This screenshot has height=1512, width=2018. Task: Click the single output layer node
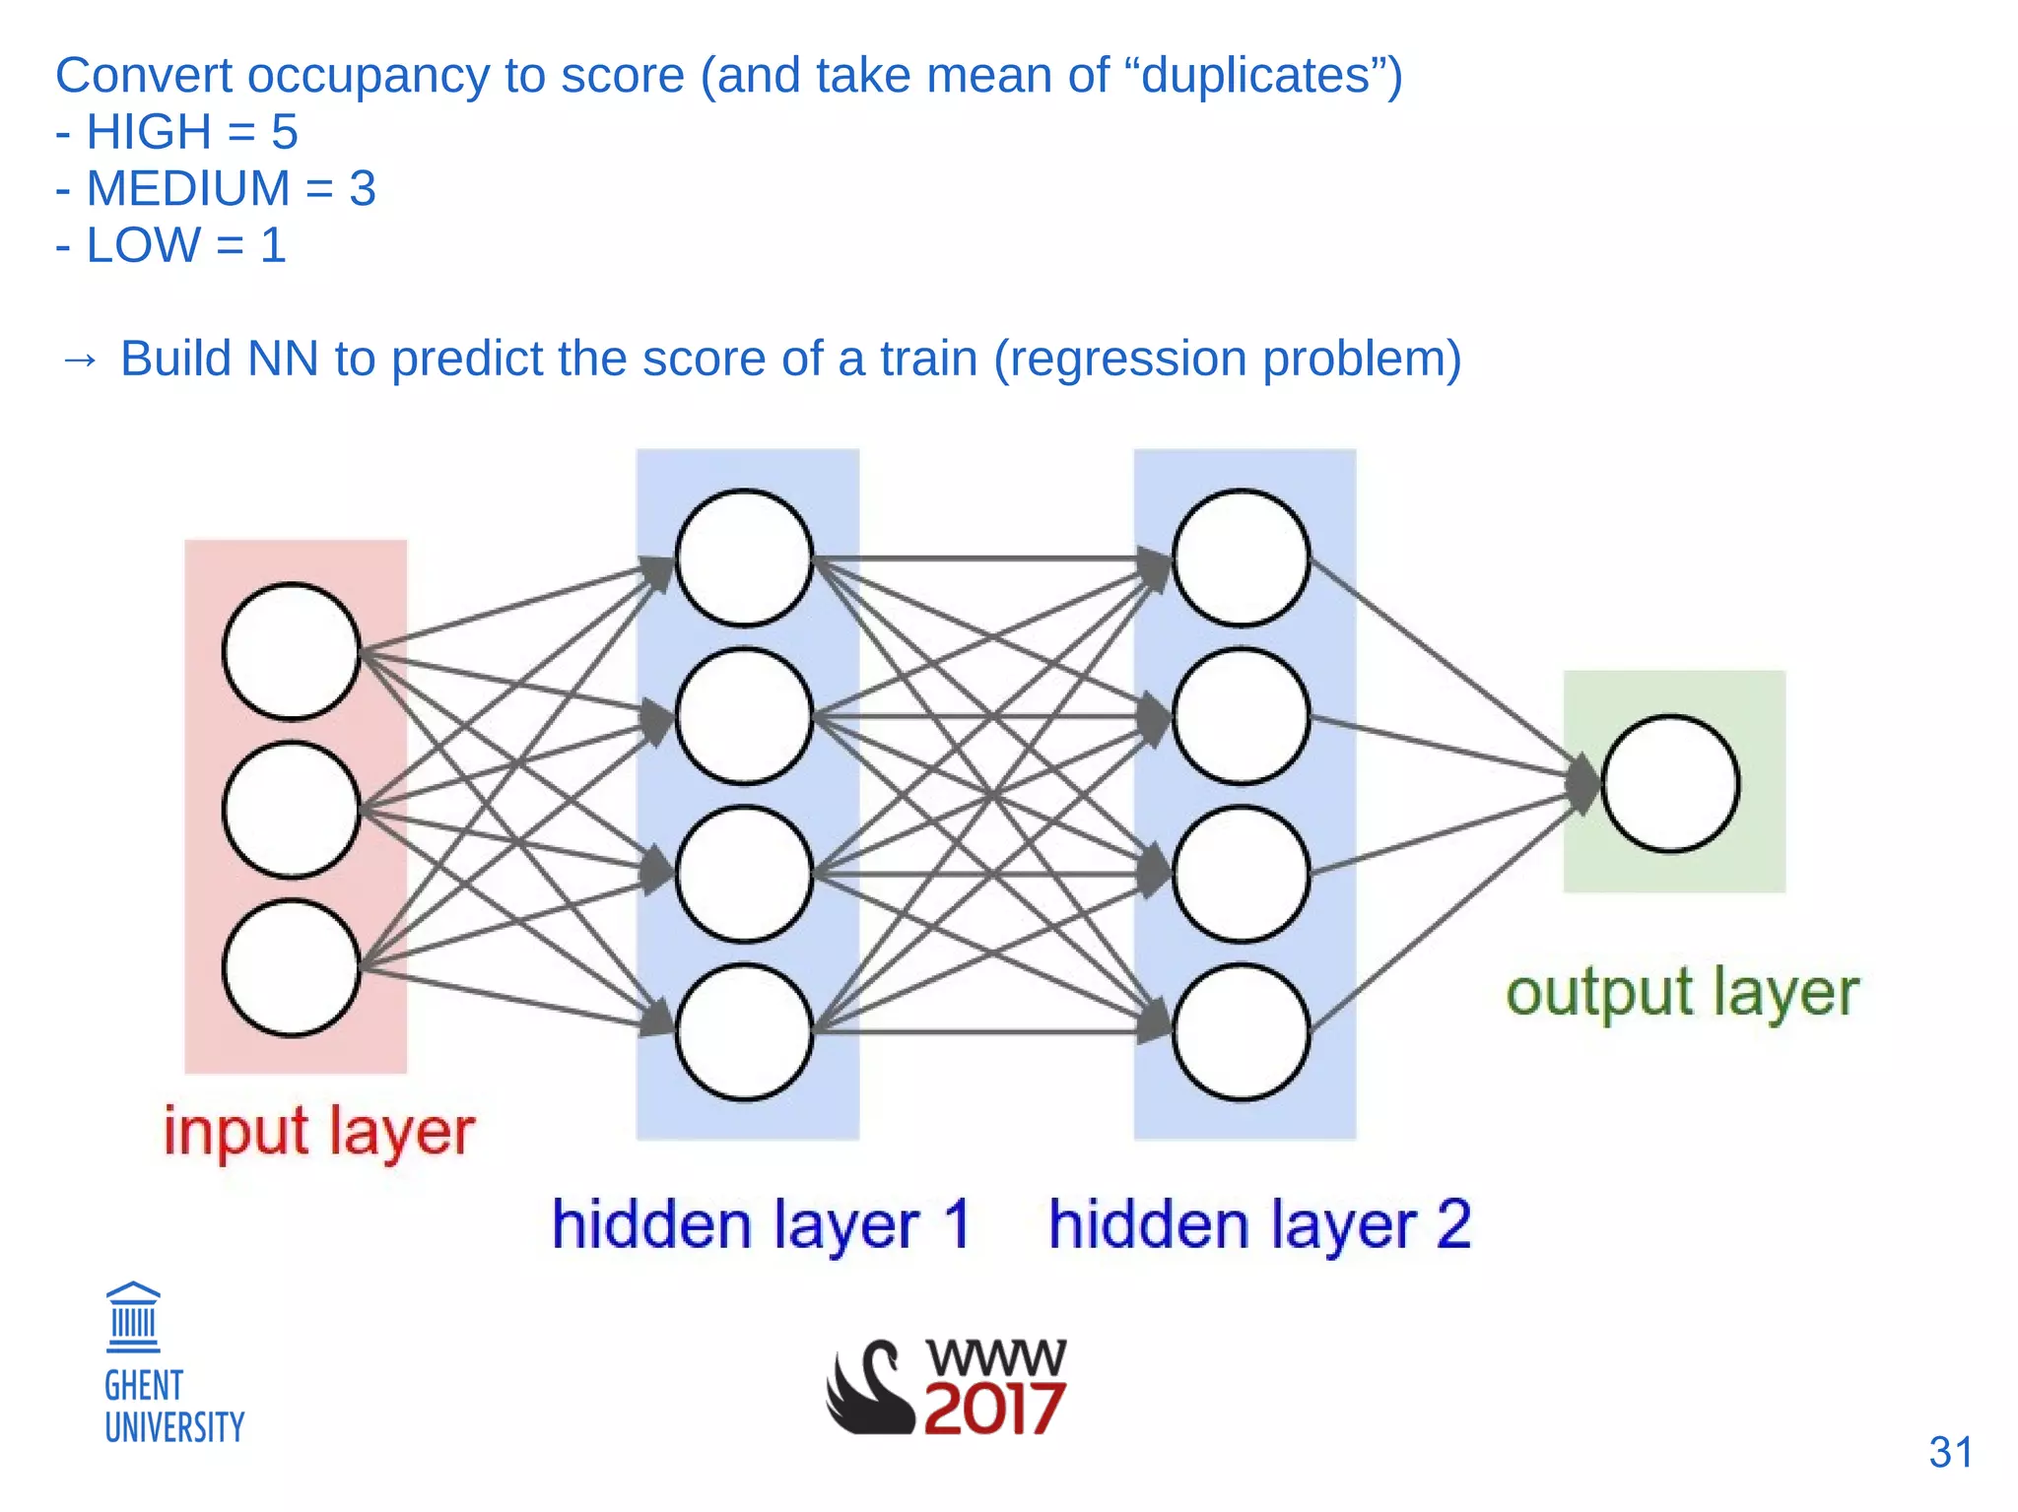pyautogui.click(x=1670, y=783)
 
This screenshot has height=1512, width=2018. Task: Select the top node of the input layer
pyautogui.click(x=291, y=651)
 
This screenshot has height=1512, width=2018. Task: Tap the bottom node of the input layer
pyautogui.click(x=291, y=967)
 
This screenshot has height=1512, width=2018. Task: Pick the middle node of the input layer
pyautogui.click(x=291, y=810)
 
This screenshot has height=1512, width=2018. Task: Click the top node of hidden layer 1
pyautogui.click(x=744, y=558)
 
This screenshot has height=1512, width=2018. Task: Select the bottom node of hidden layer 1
pyautogui.click(x=744, y=1031)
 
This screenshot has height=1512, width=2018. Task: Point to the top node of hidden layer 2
pyautogui.click(x=1241, y=558)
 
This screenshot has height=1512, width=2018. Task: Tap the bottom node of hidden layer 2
pyautogui.click(x=1241, y=1031)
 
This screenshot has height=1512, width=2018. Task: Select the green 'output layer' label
pyautogui.click(x=1681, y=992)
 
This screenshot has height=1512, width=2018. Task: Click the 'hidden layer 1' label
pyautogui.click(x=761, y=1224)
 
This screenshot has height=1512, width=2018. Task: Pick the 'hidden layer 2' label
pyautogui.click(x=1259, y=1224)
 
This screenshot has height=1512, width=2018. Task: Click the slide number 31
pyautogui.click(x=1950, y=1452)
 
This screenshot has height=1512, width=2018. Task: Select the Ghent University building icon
pyautogui.click(x=133, y=1317)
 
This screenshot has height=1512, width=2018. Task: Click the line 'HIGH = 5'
pyautogui.click(x=177, y=132)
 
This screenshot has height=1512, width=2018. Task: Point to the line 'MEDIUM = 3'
pyautogui.click(x=217, y=188)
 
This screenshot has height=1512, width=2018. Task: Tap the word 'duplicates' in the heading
pyautogui.click(x=1255, y=76)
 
